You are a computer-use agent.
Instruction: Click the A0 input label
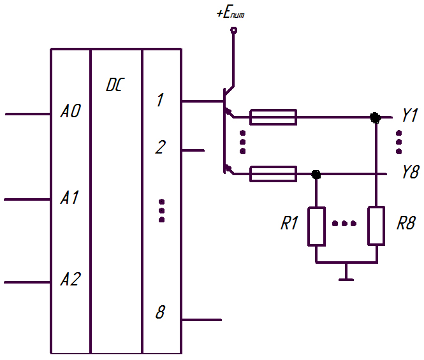pyautogui.click(x=71, y=111)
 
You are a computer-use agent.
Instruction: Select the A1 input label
pyautogui.click(x=69, y=198)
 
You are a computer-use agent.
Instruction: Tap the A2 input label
pyautogui.click(x=70, y=279)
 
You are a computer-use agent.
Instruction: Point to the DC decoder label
pyautogui.click(x=115, y=85)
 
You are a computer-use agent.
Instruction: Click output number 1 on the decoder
pyautogui.click(x=160, y=100)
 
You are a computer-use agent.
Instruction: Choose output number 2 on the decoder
pyautogui.click(x=160, y=147)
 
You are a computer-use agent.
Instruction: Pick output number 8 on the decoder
pyautogui.click(x=160, y=312)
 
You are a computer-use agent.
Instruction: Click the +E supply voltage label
pyautogui.click(x=231, y=13)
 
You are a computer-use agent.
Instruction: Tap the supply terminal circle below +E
pyautogui.click(x=234, y=30)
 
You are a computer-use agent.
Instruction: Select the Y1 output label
pyautogui.click(x=410, y=115)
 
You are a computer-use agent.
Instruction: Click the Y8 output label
pyautogui.click(x=411, y=171)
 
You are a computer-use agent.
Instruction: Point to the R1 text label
pyautogui.click(x=289, y=223)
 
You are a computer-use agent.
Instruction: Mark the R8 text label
pyautogui.click(x=406, y=223)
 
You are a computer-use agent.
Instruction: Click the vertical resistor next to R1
pyautogui.click(x=316, y=226)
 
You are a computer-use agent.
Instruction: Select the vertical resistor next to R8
pyautogui.click(x=376, y=226)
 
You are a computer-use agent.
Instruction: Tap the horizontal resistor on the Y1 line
pyautogui.click(x=273, y=117)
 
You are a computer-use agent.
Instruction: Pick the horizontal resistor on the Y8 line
pyautogui.click(x=273, y=174)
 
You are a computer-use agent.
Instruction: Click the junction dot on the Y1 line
pyautogui.click(x=376, y=118)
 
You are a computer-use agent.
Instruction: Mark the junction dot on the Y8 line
pyautogui.click(x=316, y=175)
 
